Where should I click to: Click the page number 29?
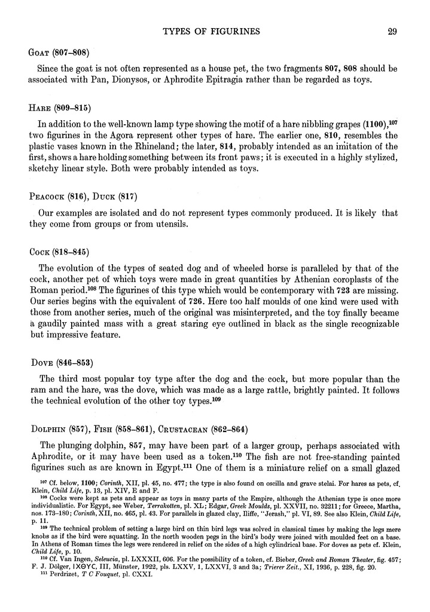tap(392, 32)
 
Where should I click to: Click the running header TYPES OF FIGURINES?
tap(214, 32)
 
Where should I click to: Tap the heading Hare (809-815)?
tap(63, 109)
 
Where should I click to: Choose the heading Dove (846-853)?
tap(63, 362)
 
